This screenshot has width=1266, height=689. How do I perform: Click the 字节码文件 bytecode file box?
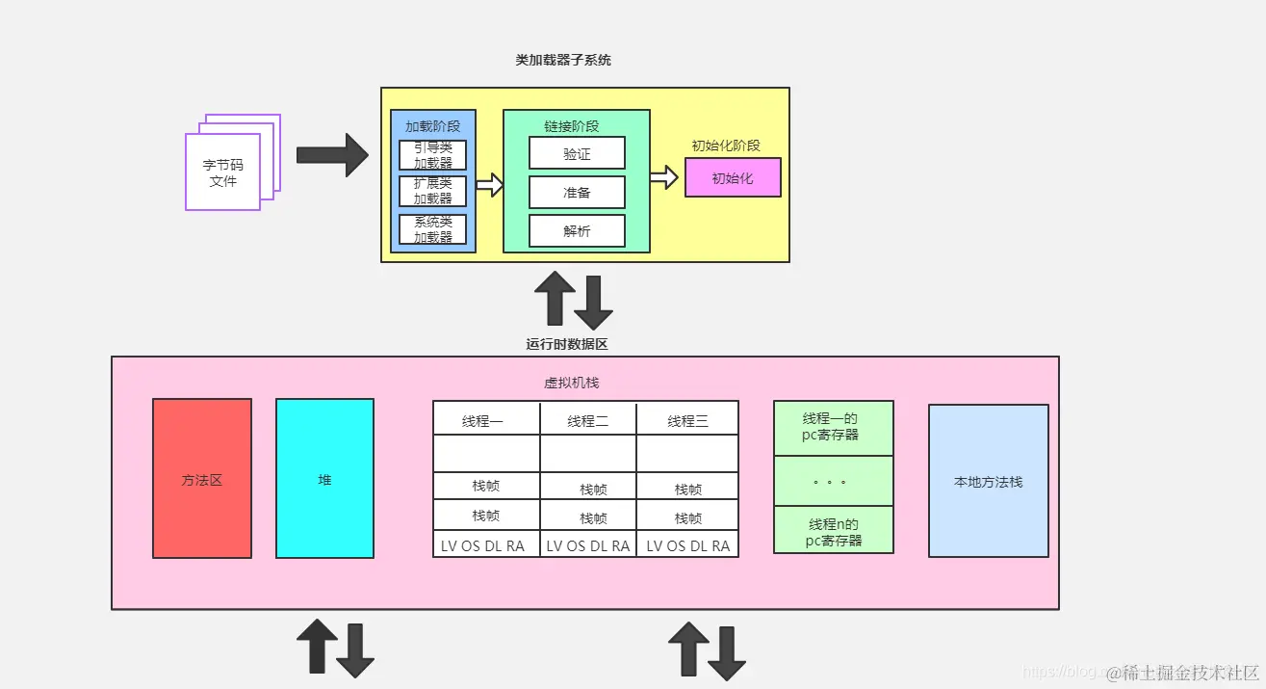click(223, 172)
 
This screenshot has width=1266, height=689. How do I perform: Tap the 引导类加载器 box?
click(433, 155)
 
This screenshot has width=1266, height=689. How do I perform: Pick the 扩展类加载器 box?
click(433, 191)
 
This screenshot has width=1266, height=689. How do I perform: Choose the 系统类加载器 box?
click(433, 229)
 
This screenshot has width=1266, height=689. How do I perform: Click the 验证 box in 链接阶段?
click(577, 153)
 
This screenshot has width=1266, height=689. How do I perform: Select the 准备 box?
click(577, 193)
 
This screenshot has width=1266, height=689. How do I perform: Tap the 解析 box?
click(577, 231)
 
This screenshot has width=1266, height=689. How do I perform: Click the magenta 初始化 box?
click(733, 178)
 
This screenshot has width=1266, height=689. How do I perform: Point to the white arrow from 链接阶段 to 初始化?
click(664, 177)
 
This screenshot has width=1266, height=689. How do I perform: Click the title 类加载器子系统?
click(563, 60)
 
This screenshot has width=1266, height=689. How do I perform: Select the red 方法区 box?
click(202, 479)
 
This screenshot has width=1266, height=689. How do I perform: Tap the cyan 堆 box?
click(324, 479)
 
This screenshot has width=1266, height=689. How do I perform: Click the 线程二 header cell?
click(588, 420)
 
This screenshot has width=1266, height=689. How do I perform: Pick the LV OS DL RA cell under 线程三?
click(687, 545)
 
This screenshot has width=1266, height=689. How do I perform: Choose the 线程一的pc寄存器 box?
click(834, 427)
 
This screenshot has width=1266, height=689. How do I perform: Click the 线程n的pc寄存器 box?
click(834, 532)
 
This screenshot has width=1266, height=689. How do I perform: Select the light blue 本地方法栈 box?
click(988, 481)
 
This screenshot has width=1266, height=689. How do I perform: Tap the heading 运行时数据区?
click(567, 344)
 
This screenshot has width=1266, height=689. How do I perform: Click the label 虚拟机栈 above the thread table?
click(572, 383)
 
